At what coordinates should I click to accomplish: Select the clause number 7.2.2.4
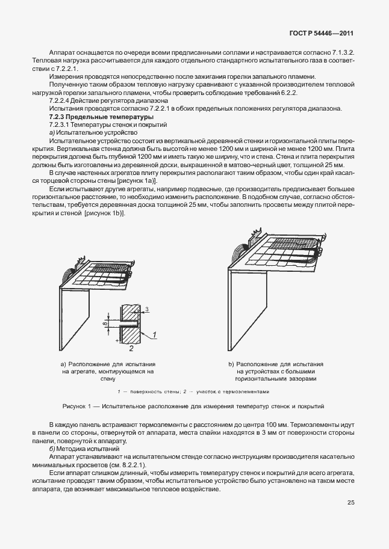tap(61, 101)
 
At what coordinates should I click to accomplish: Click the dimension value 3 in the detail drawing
tap(146, 310)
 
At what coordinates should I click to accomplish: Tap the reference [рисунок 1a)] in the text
tap(137, 180)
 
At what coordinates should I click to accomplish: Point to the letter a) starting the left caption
tap(64, 364)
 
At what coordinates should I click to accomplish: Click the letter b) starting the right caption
tap(231, 364)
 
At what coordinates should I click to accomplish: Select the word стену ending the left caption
tap(108, 379)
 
